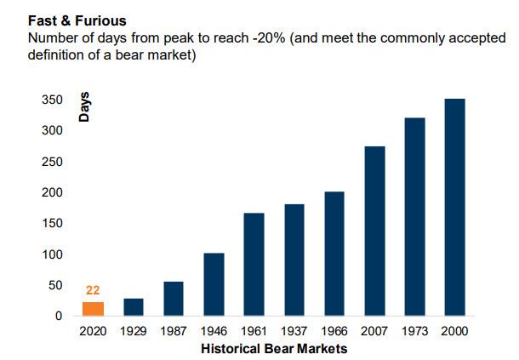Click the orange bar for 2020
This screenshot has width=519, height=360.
tap(93, 309)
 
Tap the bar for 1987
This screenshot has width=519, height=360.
tap(174, 299)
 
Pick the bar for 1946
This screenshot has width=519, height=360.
tap(214, 284)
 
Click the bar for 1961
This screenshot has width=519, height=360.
tap(254, 264)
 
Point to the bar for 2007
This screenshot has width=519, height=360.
tap(374, 231)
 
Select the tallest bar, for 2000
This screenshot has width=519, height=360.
tap(455, 208)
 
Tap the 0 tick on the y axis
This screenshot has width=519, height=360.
tap(59, 317)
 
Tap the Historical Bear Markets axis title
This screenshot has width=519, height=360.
tap(274, 349)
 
